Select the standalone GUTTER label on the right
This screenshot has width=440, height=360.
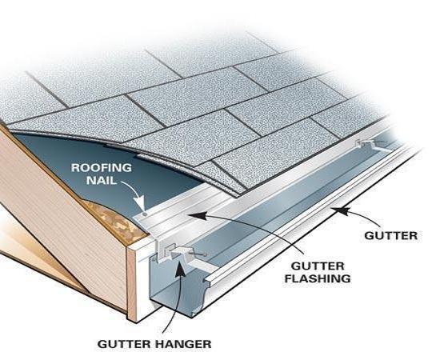click(391, 236)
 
